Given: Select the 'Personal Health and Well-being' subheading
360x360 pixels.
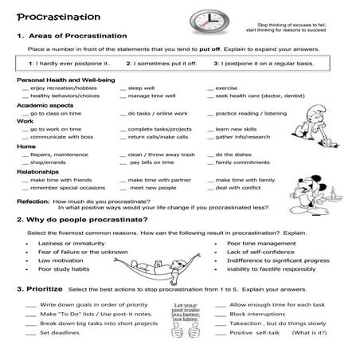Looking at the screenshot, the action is (x=61, y=80).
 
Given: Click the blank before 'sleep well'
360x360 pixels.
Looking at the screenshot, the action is (x=123, y=88).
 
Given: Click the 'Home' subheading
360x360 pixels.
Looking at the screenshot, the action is (x=25, y=147).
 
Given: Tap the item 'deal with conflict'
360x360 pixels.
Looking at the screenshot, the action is (x=240, y=188).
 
